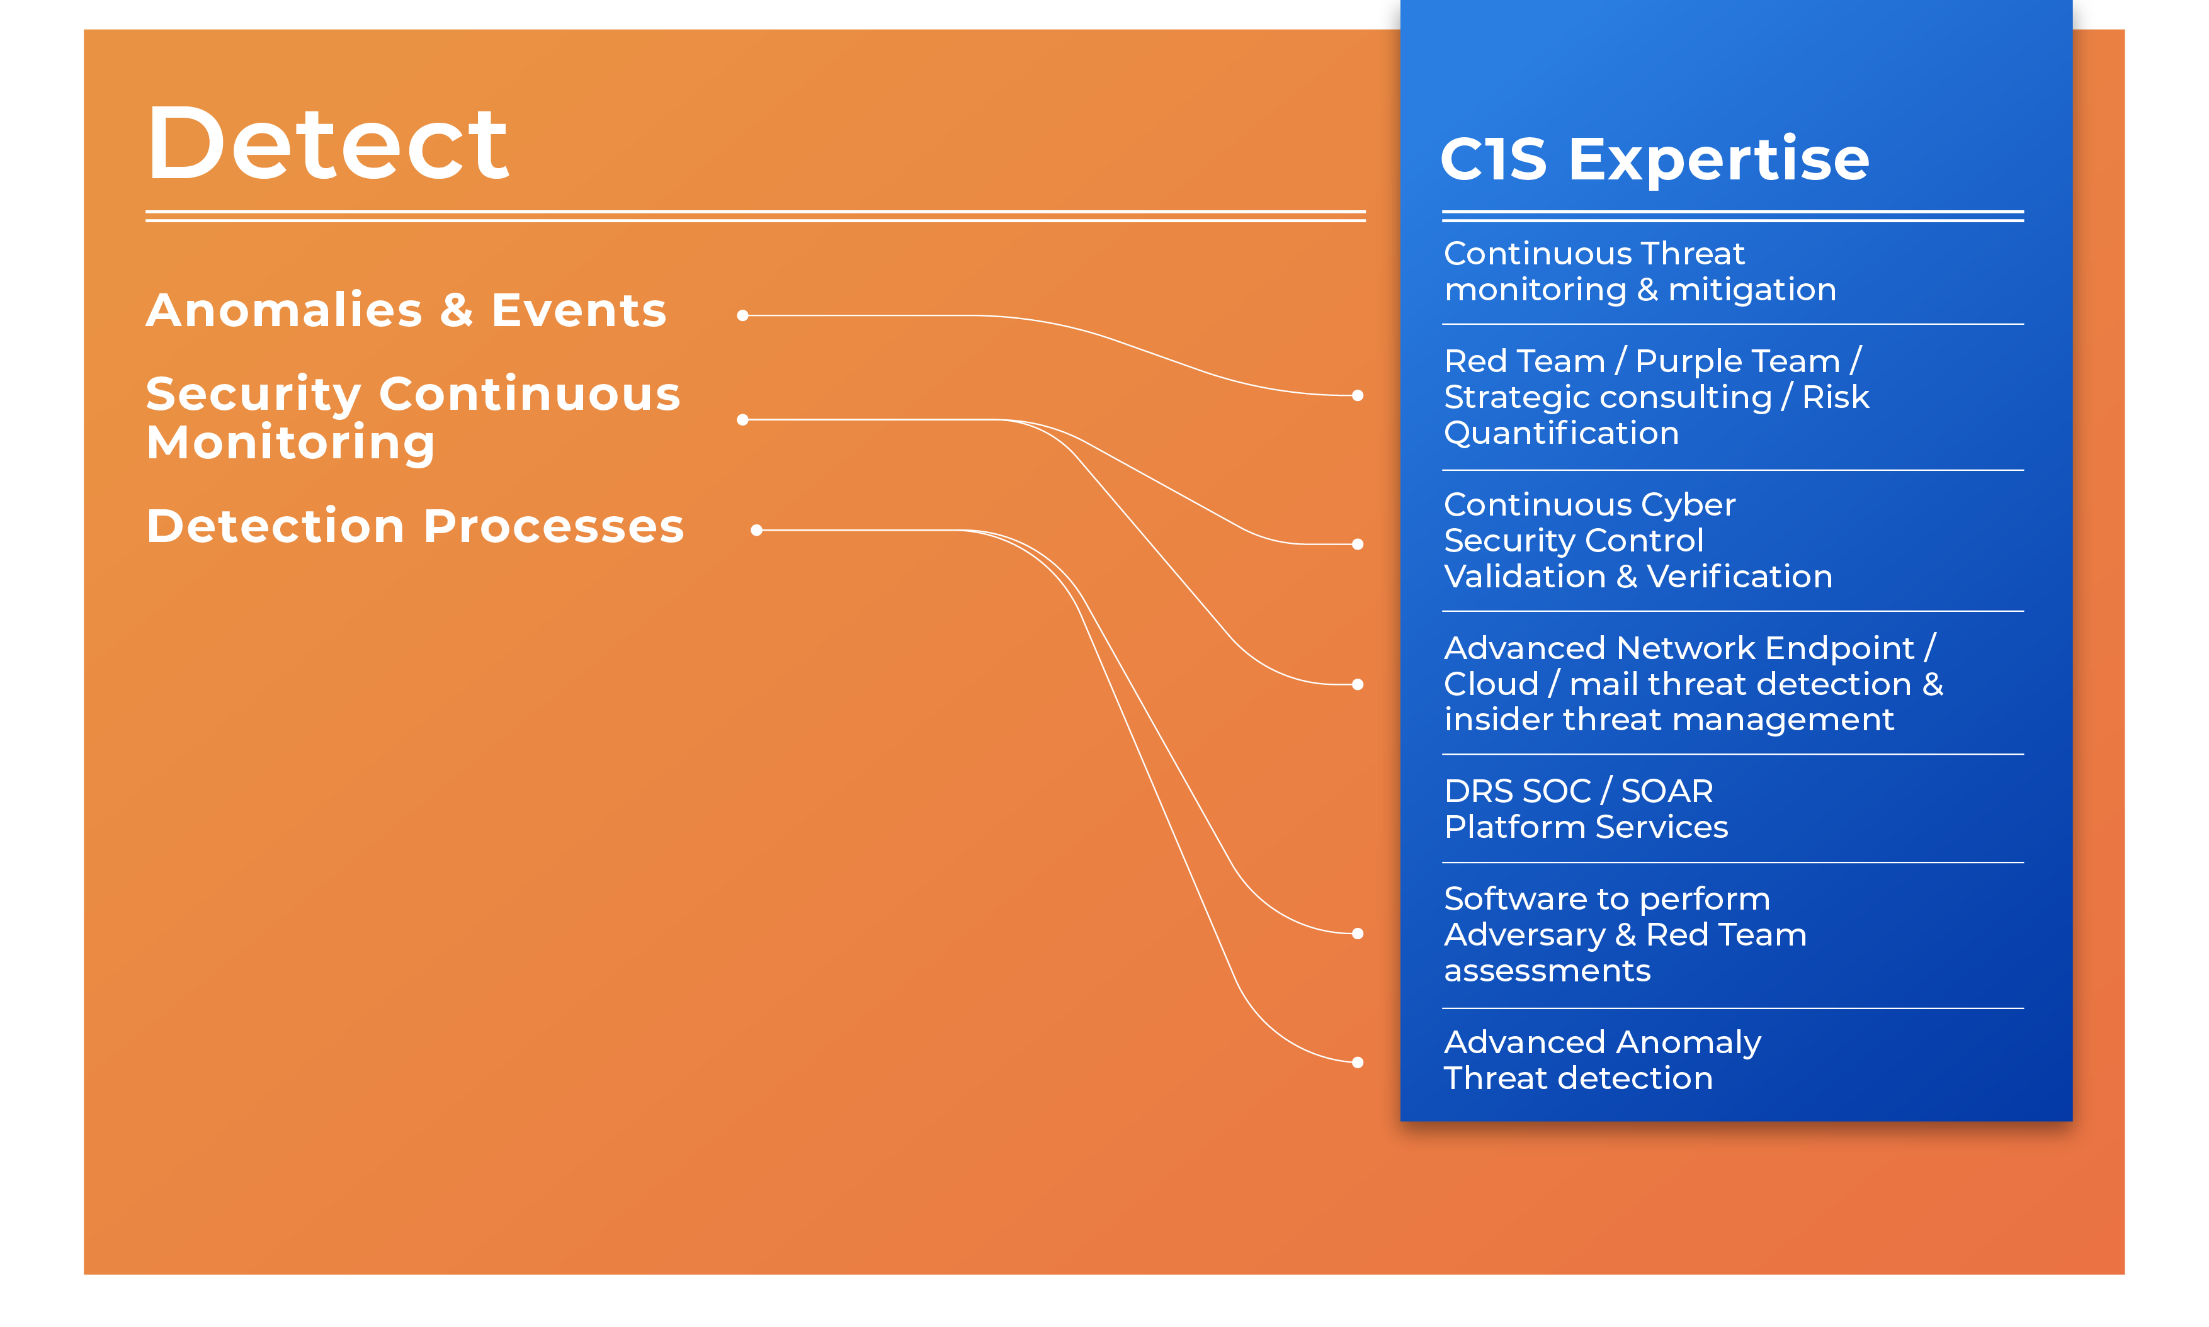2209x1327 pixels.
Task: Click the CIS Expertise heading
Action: point(1654,159)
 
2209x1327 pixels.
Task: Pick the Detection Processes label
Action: point(415,526)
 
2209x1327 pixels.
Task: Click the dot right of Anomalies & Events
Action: point(742,315)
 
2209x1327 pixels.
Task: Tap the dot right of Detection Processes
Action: point(757,530)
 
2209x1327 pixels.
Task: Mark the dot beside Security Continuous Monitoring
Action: point(742,419)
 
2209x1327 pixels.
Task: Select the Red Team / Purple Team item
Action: point(1656,396)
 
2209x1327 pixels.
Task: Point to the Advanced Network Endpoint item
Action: point(1693,683)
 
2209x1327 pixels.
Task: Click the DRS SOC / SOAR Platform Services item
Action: point(1586,808)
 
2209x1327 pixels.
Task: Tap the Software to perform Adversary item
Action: point(1625,934)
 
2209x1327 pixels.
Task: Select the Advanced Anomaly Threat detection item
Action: point(1602,1059)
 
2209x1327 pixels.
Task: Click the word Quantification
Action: point(1562,433)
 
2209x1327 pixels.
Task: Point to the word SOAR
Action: point(1667,791)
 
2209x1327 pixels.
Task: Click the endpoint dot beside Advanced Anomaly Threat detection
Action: point(1358,1063)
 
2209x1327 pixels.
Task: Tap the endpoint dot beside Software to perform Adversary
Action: point(1358,934)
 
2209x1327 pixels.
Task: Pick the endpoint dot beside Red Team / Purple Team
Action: point(1358,395)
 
